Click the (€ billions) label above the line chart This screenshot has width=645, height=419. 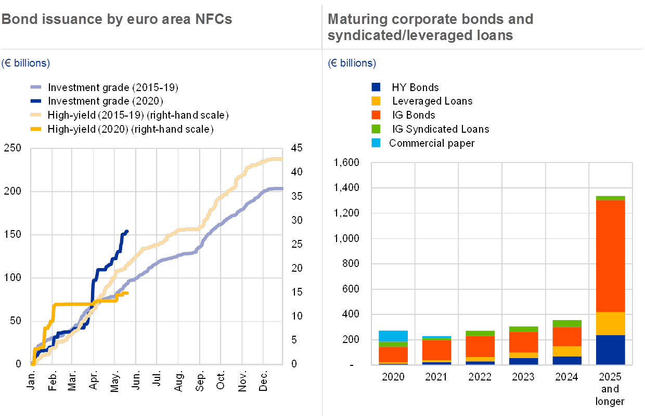(25, 64)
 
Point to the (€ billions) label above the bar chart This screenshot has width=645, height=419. (352, 64)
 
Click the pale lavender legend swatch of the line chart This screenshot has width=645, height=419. (36, 87)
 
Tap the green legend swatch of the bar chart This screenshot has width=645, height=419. (376, 129)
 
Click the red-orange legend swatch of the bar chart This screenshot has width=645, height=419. (376, 115)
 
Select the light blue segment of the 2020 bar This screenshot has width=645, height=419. (393, 336)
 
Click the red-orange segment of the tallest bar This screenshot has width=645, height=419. (610, 255)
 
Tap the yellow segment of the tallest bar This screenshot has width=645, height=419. (610, 323)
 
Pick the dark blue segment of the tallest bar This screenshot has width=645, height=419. (610, 349)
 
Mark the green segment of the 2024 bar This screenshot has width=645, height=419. (566, 323)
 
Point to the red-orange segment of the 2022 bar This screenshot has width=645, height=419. (480, 346)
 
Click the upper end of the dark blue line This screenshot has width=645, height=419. (127, 231)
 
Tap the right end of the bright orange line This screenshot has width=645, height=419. (127, 293)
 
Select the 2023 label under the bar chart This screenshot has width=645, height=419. (523, 376)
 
